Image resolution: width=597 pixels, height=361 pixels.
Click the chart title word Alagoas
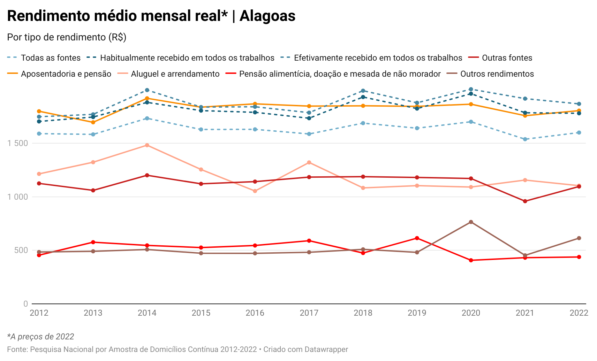267,16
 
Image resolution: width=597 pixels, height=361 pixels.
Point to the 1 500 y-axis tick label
18,143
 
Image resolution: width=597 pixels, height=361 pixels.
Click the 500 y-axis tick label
21,250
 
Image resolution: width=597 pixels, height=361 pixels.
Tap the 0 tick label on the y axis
25,304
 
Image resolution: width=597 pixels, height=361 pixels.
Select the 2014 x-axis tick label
147,313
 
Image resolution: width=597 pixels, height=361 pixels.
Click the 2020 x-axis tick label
471,313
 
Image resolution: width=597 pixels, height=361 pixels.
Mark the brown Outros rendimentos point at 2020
471,222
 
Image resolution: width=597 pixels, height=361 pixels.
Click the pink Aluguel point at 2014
147,145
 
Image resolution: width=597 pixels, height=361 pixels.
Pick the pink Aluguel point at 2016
255,191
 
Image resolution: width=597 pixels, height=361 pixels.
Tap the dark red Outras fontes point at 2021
525,201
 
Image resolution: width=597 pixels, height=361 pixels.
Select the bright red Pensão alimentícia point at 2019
417,238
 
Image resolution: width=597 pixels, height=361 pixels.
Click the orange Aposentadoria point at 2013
93,122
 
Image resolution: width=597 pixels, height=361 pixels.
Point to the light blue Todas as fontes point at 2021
525,139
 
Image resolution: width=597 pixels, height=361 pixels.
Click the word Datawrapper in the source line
326,350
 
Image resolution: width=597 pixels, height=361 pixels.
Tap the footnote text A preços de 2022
42,337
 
